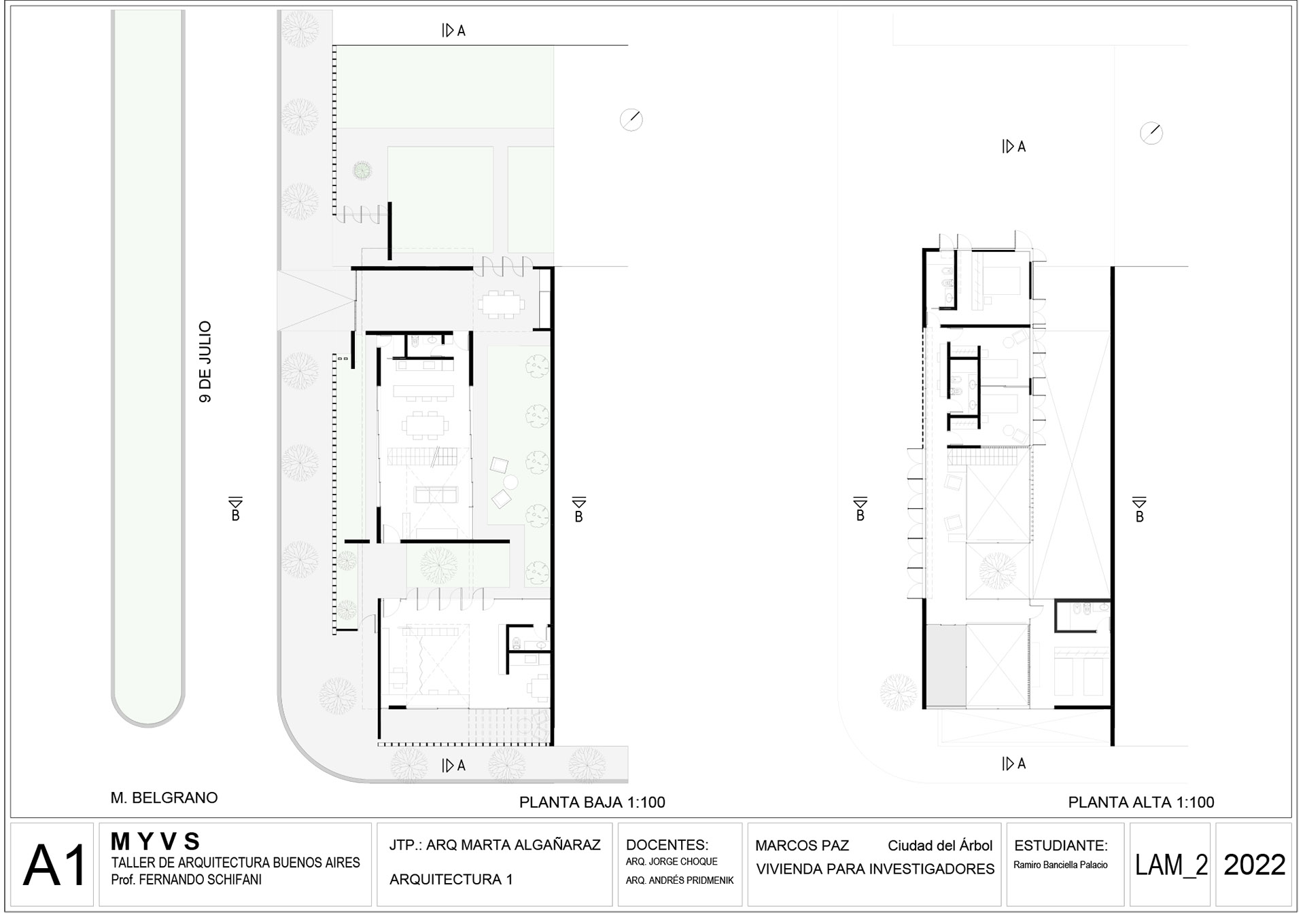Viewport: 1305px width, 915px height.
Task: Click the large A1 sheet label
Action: tap(55, 865)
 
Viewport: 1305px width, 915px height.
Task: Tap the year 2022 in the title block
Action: tap(1254, 865)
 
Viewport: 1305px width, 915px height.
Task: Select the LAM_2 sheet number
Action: tap(1171, 865)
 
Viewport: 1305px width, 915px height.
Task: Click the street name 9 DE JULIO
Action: tap(205, 362)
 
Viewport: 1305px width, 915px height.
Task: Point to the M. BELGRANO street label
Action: tap(164, 797)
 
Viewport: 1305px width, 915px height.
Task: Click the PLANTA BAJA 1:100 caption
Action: tap(592, 802)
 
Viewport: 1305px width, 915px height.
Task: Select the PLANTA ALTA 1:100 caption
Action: tap(1141, 802)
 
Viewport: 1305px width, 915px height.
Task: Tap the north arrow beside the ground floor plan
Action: tap(631, 120)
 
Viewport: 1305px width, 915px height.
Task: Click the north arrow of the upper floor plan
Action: tap(1151, 133)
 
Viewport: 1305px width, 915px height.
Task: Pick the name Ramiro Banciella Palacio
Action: tap(1060, 865)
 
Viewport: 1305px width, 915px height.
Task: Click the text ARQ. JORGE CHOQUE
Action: tap(672, 861)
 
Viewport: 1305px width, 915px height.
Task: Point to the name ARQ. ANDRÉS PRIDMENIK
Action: tap(680, 880)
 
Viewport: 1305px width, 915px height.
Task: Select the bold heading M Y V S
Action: tap(155, 842)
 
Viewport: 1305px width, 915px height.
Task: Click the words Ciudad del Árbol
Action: tap(940, 846)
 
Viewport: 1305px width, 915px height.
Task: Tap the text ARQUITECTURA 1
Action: tap(451, 880)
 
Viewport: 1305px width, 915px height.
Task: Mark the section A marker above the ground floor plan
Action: tap(453, 31)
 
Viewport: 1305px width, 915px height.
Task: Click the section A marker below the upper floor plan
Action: tap(1013, 764)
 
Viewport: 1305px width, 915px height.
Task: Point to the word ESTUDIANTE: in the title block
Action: tap(1060, 846)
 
